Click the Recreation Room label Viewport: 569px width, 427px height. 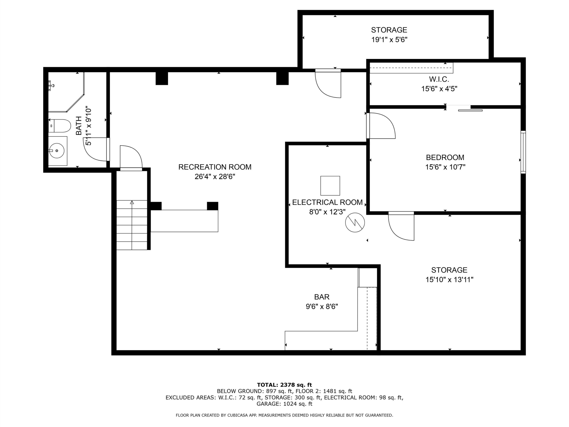tap(215, 167)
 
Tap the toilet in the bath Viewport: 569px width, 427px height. tap(59, 126)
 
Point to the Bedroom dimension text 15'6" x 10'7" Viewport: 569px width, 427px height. tap(445, 167)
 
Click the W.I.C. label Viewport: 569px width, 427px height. tap(439, 79)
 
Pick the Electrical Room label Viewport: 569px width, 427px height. tap(327, 202)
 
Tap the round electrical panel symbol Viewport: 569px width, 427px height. tap(355, 222)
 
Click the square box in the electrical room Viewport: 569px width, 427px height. tap(330, 185)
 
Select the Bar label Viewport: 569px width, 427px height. tap(322, 297)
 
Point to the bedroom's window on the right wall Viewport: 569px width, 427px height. tap(523, 152)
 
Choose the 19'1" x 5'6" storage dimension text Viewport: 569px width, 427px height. tap(389, 40)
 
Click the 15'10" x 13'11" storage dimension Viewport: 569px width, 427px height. tap(449, 280)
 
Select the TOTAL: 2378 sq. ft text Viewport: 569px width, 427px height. tap(284, 385)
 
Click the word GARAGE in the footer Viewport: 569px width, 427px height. tap(268, 404)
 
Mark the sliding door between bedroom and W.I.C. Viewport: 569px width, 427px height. tap(465, 108)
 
